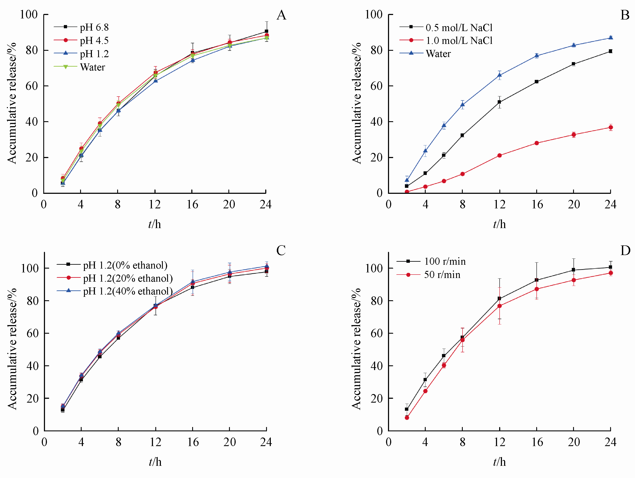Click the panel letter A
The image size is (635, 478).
click(x=281, y=15)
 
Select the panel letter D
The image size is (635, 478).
click(x=625, y=251)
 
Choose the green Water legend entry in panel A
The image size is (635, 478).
click(x=92, y=67)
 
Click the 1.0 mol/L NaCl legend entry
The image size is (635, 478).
click(x=459, y=40)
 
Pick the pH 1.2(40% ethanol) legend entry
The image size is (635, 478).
click(x=128, y=291)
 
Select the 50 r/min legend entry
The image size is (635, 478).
click(x=442, y=275)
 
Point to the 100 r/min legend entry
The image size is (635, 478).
click(x=445, y=261)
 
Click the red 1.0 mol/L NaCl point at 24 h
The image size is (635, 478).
click(x=611, y=127)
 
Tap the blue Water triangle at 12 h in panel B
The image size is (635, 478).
click(x=500, y=75)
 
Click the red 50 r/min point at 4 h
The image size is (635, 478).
click(x=425, y=391)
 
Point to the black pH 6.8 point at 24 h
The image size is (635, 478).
click(x=266, y=31)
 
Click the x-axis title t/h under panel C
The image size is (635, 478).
click(x=155, y=462)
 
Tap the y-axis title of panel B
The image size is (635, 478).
click(x=356, y=103)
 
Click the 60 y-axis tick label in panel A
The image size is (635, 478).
click(x=31, y=86)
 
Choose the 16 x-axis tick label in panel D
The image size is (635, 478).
click(x=537, y=442)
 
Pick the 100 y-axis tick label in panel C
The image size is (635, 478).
click(x=30, y=268)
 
